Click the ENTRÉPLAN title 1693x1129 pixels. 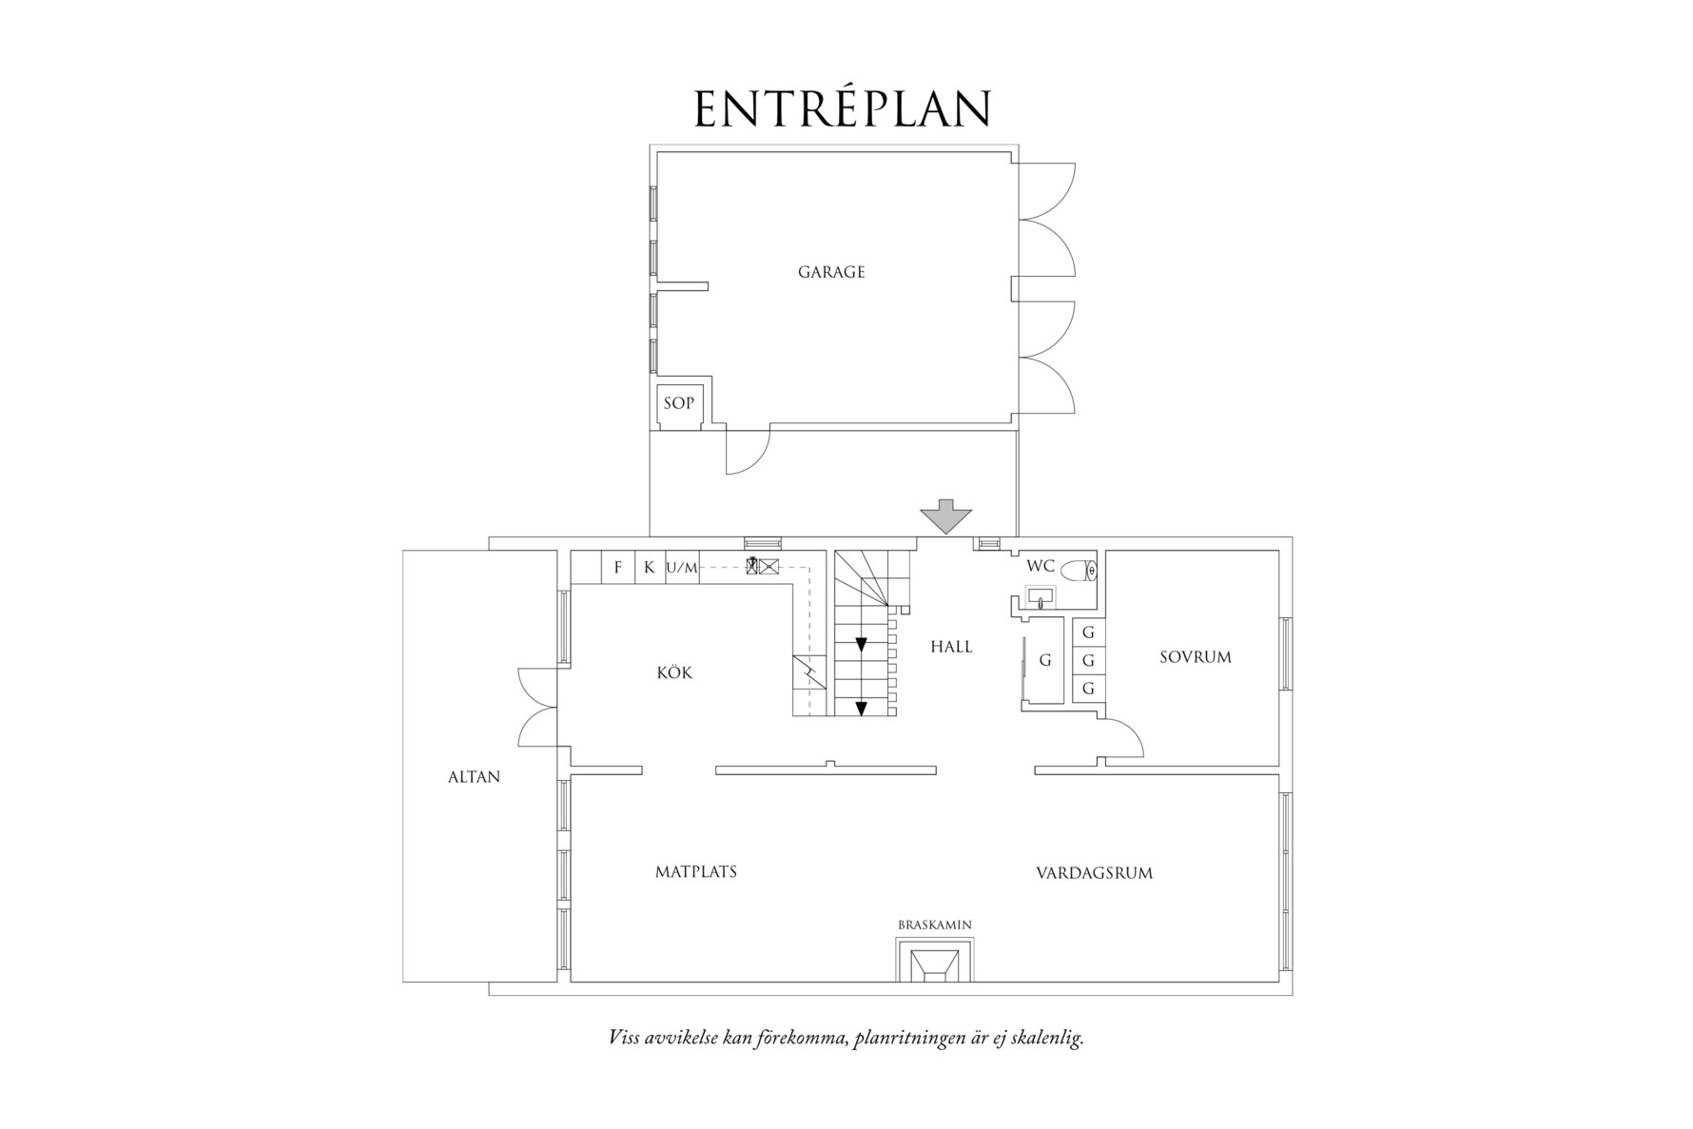coord(843,109)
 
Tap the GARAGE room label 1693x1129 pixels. coord(831,272)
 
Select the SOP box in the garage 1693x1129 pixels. coord(678,403)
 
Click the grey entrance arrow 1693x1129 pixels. coord(945,517)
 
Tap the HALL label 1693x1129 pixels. coord(951,647)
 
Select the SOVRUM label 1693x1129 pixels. coord(1195,657)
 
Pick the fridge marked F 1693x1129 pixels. coord(618,568)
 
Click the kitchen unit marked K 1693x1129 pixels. coord(650,568)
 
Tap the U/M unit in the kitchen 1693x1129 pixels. coord(682,569)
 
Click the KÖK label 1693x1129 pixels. coord(674,673)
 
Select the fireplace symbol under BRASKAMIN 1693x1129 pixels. coord(935,962)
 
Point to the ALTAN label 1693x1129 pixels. coord(474,777)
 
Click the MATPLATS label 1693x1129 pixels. coord(695,871)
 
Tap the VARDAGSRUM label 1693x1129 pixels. coord(1094,872)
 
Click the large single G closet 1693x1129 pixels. coord(1044,660)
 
